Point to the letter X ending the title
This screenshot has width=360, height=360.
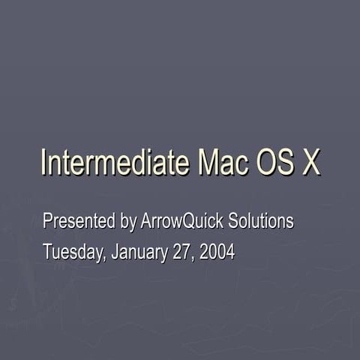311,163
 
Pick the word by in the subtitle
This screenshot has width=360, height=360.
128,223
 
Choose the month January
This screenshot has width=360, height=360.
139,252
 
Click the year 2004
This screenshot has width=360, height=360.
217,252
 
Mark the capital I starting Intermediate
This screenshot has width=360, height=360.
43,163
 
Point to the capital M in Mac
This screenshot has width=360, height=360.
208,163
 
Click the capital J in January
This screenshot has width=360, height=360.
115,252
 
